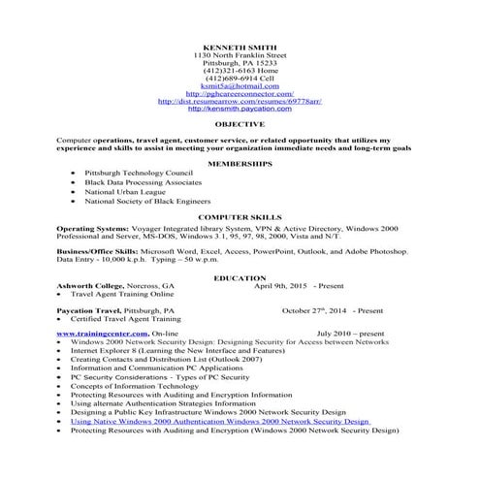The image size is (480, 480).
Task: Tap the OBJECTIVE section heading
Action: [x=240, y=125]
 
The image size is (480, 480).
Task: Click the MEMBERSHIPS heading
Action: [x=240, y=164]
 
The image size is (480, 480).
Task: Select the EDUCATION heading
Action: [x=240, y=278]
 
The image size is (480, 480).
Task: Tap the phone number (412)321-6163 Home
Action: [x=240, y=70]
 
